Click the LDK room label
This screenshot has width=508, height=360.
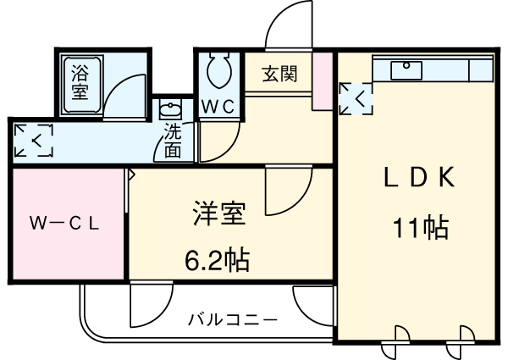(420, 178)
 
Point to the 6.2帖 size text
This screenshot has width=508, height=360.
(217, 259)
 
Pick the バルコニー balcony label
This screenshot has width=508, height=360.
(232, 320)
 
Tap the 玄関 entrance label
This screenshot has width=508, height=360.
(279, 74)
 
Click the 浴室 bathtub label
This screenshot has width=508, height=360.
(80, 81)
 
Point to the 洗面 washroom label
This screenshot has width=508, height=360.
(173, 141)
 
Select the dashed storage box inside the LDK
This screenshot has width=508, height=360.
(355, 98)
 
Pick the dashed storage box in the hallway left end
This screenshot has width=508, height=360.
(35, 140)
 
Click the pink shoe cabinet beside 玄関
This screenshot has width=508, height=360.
(322, 80)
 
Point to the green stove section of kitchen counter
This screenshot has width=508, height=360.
(479, 69)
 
